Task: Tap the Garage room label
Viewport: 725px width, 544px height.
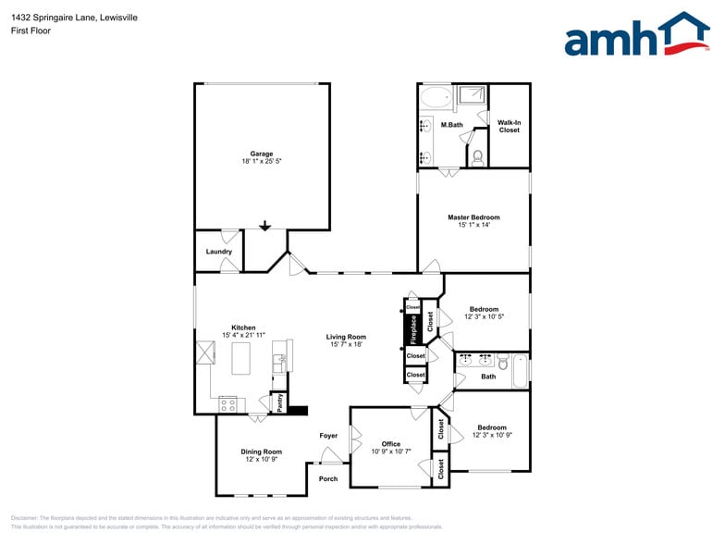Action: coord(262,154)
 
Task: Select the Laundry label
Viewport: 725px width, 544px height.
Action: coord(219,252)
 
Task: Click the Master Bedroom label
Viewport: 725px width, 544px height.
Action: coord(473,217)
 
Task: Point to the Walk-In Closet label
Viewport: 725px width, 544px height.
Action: coord(509,126)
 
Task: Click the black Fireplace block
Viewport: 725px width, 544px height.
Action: coord(413,327)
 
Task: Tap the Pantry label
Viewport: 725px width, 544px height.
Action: coord(276,403)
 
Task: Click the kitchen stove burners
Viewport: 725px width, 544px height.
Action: coord(227,403)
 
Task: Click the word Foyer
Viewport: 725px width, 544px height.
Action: coord(328,435)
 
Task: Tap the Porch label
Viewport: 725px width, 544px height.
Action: coord(328,478)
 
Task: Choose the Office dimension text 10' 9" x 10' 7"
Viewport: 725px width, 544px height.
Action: coord(391,451)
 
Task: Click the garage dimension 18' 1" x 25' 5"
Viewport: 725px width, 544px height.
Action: coord(262,162)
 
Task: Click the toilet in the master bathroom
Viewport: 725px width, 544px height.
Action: coord(477,156)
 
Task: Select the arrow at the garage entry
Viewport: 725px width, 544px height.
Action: coord(264,225)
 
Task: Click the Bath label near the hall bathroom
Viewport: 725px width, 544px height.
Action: coord(488,376)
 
